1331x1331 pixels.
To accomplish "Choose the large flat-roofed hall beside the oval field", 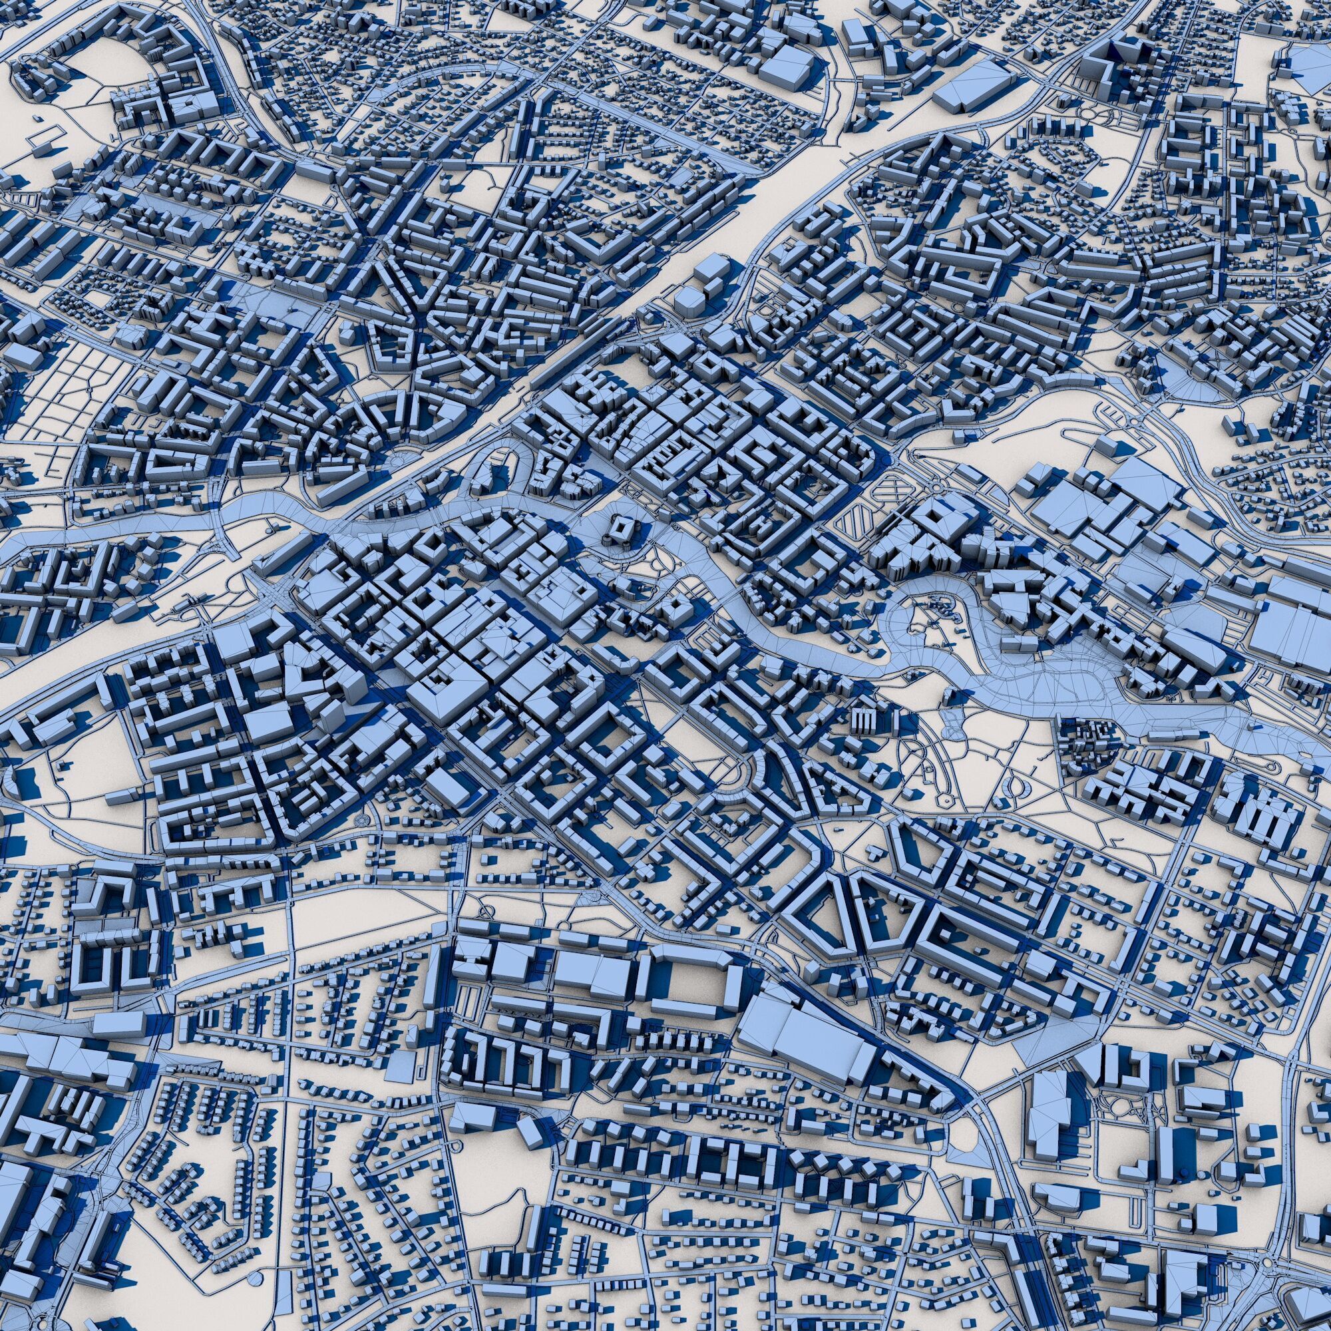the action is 186,103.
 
